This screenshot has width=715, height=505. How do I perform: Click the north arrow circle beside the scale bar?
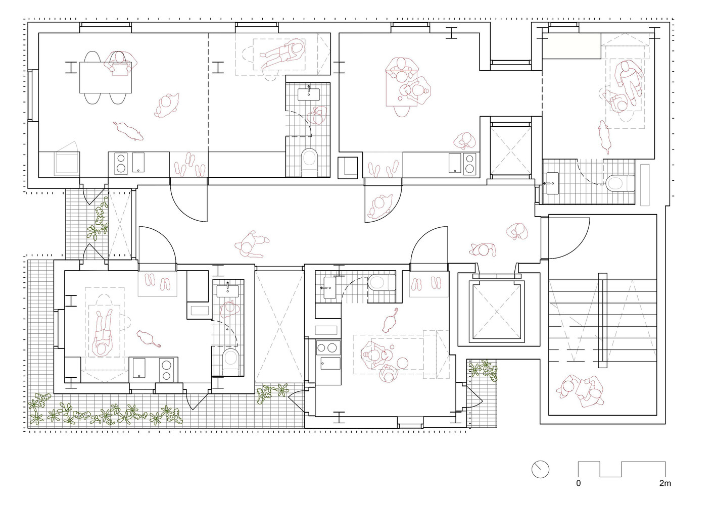tap(540, 469)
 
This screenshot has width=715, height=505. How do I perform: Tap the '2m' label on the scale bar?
tap(665, 483)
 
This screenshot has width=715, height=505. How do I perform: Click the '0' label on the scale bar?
tap(579, 483)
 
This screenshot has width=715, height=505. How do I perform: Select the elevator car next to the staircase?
tap(497, 312)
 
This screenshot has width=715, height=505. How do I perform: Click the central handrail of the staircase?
tap(602, 320)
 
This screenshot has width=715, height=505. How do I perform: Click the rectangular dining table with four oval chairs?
tap(105, 78)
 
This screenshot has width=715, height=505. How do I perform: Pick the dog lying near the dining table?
tap(128, 131)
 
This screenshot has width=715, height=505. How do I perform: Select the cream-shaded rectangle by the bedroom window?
tap(571, 45)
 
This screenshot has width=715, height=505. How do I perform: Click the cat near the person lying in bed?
tap(148, 338)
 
